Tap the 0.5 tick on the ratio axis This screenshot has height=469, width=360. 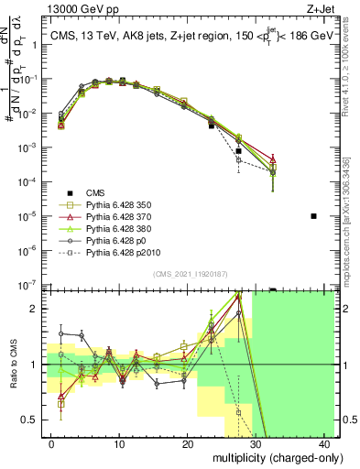(31, 420)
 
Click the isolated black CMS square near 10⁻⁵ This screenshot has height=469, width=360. (313, 216)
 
